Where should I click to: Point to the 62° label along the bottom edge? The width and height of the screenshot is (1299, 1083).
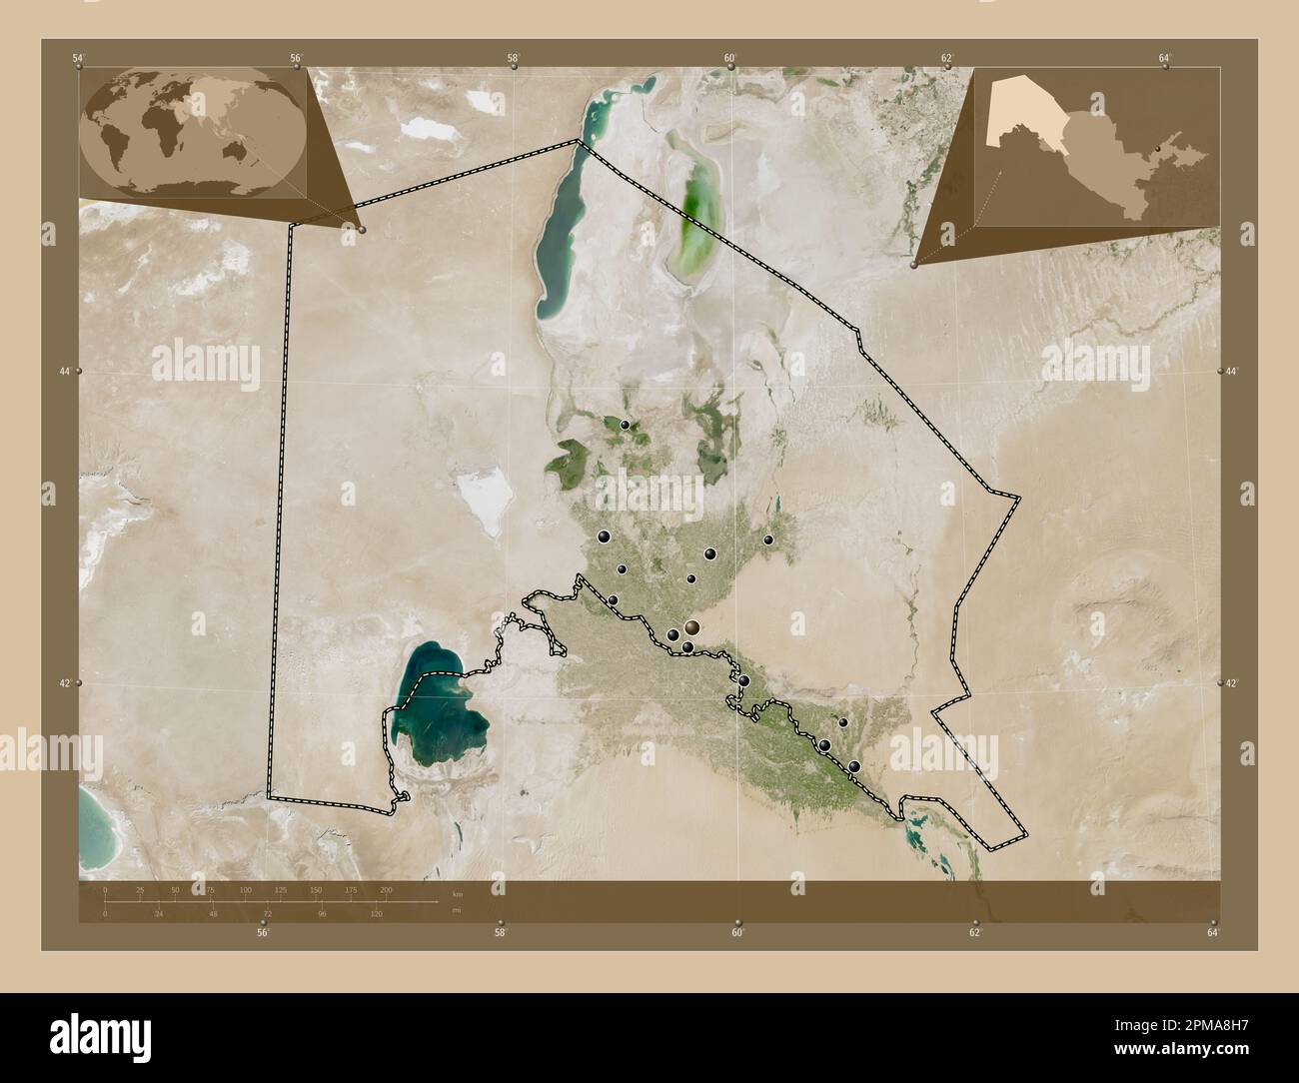click(975, 932)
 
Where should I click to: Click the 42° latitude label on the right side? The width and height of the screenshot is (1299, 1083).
click(1232, 682)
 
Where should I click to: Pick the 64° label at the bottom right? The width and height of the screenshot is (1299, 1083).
click(1212, 932)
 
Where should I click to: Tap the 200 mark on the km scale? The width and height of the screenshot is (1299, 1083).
click(387, 889)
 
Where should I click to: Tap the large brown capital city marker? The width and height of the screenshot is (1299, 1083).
click(691, 627)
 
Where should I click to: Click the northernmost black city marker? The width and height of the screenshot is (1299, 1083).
click(626, 425)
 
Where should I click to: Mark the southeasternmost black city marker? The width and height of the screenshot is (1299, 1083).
click(854, 766)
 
